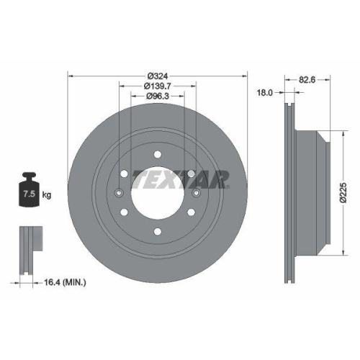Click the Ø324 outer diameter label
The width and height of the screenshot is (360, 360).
[157, 75]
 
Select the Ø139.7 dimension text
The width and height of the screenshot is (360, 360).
[157, 86]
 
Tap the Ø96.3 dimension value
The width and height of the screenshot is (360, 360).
[157, 96]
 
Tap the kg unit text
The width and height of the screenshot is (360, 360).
[46, 194]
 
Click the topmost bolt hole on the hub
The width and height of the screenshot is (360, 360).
[157, 152]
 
